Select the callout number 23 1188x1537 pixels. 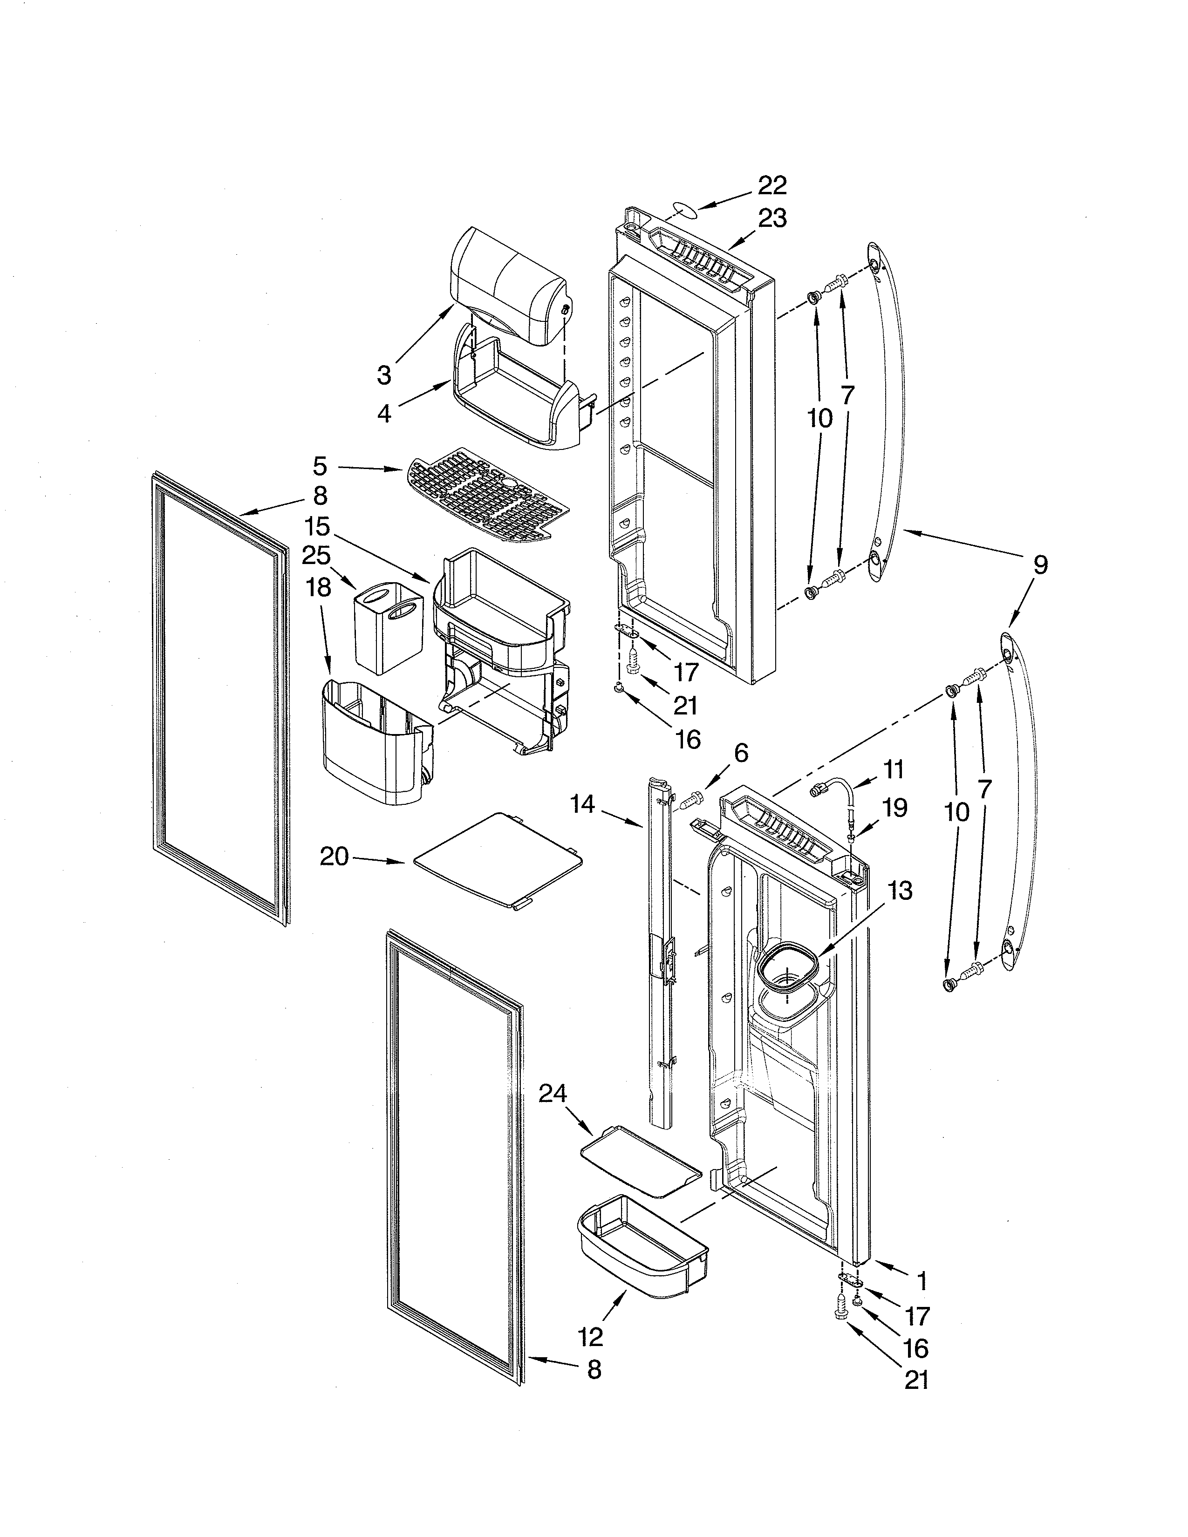click(772, 219)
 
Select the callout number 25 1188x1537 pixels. click(316, 555)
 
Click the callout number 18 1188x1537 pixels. click(319, 588)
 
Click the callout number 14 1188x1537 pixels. click(583, 804)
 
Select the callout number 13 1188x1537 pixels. click(900, 890)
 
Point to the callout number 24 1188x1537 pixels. click(553, 1093)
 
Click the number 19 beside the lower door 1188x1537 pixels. click(894, 808)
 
